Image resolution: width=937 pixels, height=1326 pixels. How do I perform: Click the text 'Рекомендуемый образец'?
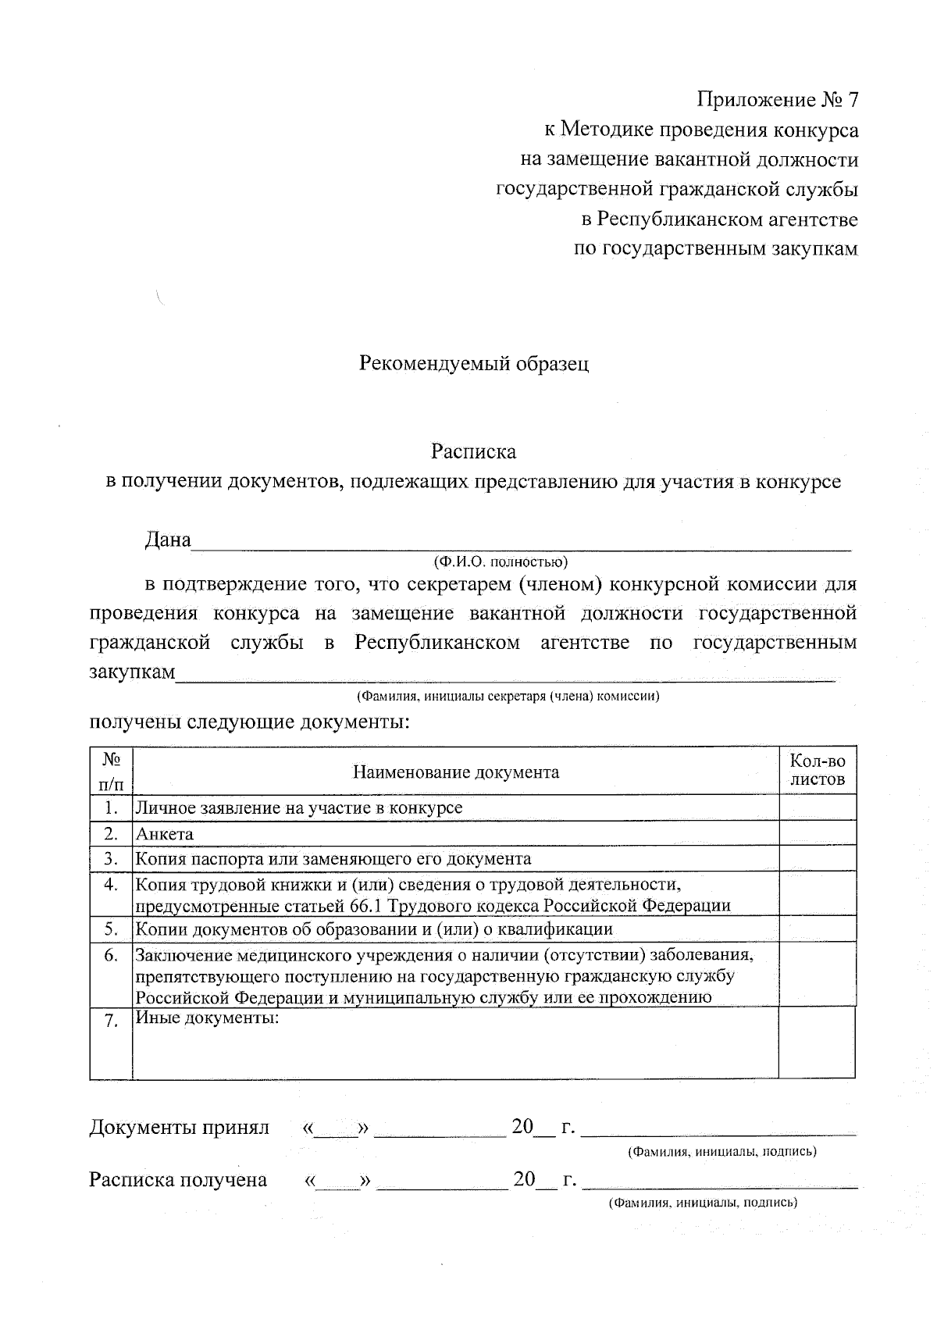(473, 363)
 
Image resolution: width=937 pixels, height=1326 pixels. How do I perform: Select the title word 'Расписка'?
(473, 451)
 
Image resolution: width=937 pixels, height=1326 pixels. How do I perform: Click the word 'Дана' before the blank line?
(168, 540)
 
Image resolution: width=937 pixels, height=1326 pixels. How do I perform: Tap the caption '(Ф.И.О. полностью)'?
(501, 561)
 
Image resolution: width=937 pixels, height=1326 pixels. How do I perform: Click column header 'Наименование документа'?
(456, 772)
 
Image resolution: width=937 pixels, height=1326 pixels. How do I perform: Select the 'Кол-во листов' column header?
(818, 770)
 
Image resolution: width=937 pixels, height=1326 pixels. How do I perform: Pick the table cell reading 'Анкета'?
(165, 833)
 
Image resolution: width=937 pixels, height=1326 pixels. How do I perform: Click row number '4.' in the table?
(111, 885)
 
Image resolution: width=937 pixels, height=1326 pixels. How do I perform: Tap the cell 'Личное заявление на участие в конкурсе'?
(299, 807)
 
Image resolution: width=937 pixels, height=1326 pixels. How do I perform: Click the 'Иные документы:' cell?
(207, 1018)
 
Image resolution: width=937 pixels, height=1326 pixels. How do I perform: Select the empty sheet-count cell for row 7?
(817, 1043)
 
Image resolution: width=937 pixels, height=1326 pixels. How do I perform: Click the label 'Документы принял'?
(179, 1127)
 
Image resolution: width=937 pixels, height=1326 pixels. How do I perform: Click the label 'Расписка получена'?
(178, 1179)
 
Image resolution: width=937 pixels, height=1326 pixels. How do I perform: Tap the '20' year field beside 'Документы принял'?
(522, 1126)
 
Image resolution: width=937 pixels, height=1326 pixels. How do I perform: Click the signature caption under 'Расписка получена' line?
(703, 1203)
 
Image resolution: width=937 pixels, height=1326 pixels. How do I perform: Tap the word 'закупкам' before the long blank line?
(132, 672)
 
